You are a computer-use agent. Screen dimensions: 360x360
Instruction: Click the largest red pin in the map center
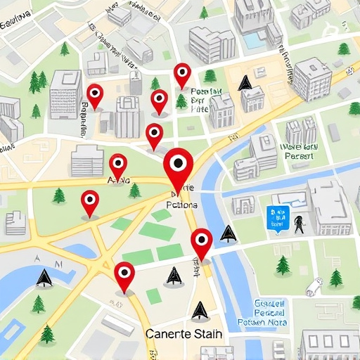[x=177, y=165]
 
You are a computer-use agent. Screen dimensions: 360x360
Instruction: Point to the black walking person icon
[x=300, y=224]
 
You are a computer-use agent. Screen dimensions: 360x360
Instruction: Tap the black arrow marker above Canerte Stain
[x=200, y=309]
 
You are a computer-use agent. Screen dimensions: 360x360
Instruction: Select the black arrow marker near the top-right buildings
[x=244, y=84]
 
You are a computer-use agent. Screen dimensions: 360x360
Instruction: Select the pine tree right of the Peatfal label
[x=210, y=76]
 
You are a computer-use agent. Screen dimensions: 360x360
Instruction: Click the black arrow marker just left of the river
[x=226, y=233]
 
